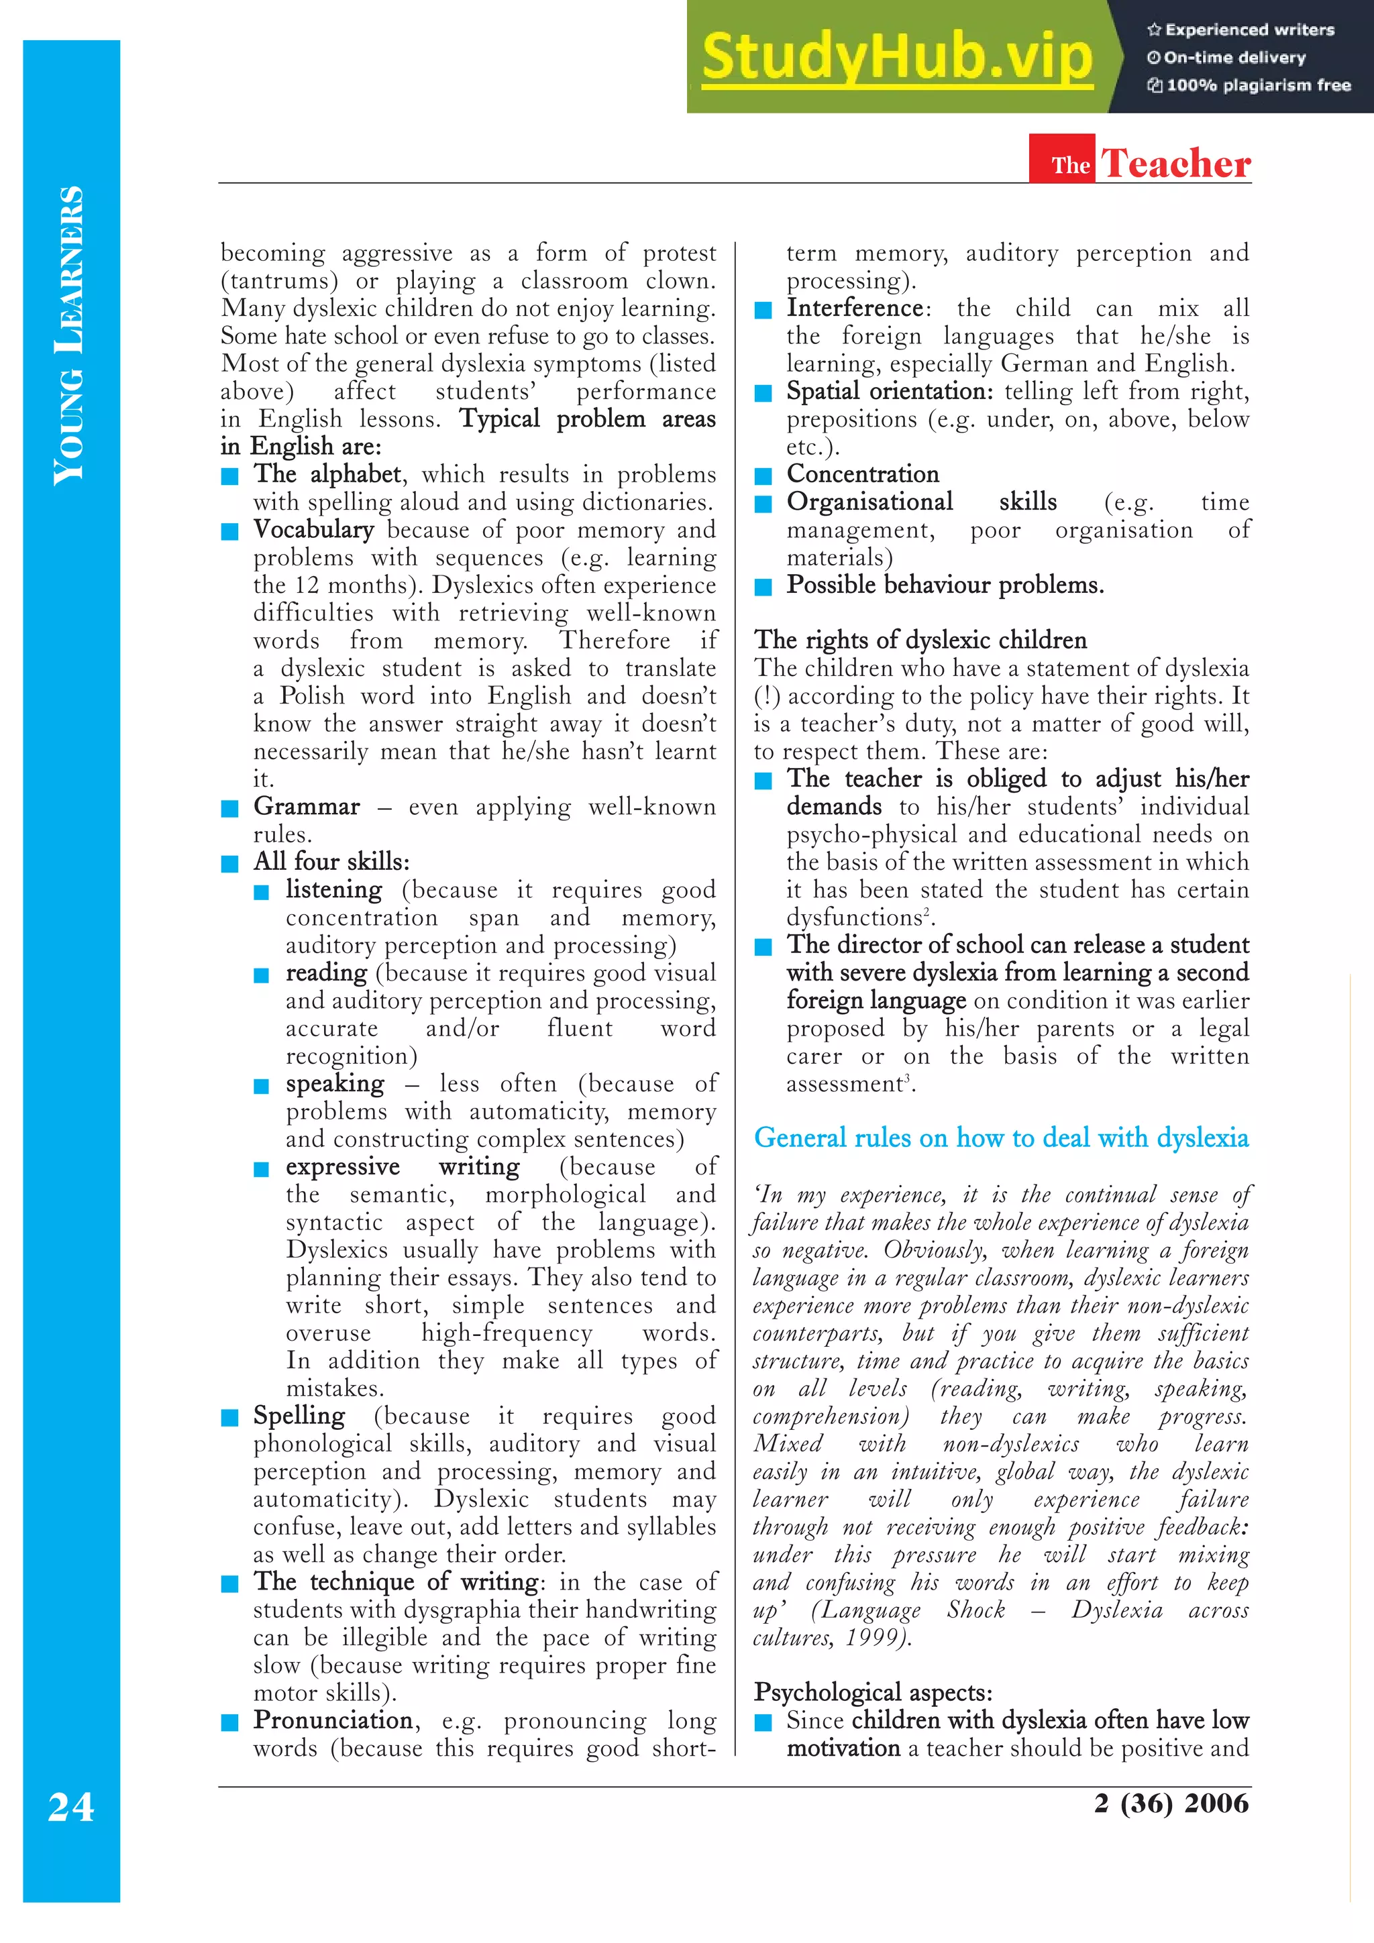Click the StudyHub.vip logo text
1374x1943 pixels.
896,58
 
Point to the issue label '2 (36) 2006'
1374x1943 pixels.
1171,1803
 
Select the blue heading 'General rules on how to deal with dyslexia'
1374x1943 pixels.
1001,1137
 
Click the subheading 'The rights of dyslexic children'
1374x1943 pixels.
920,640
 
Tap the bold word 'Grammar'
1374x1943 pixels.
307,806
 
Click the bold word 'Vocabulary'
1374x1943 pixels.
313,530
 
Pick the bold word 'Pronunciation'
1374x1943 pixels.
333,1720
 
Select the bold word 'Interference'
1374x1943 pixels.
854,308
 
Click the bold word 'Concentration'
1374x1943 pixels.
862,474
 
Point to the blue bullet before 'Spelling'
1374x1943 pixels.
229,1417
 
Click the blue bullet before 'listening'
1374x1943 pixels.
262,892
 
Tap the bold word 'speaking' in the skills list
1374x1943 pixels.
334,1084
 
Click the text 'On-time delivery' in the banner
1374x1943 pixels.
1234,58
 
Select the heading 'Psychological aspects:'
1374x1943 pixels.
873,1693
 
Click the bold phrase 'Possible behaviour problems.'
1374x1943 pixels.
945,585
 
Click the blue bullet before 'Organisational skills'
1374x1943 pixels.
763,504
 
